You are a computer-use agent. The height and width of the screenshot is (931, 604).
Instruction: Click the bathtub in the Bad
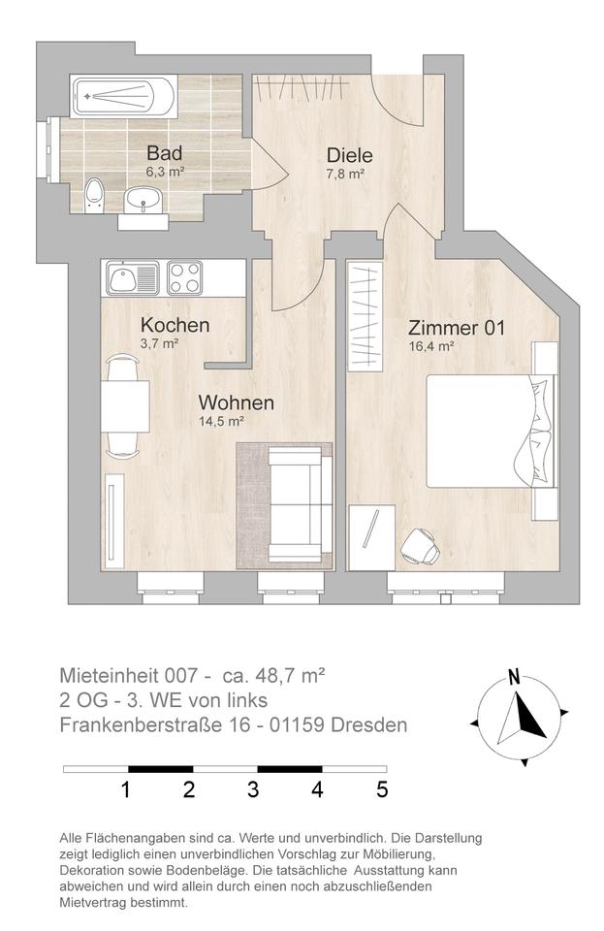pos(123,96)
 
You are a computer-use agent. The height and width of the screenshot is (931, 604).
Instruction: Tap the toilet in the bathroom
pos(94,194)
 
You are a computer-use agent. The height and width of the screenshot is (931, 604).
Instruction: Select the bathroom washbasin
pos(143,199)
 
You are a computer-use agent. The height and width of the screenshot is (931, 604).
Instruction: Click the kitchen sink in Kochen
pos(132,278)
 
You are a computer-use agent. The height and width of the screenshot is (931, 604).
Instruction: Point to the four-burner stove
pos(184,278)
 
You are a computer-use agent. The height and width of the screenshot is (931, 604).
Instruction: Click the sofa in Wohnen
pos(300,505)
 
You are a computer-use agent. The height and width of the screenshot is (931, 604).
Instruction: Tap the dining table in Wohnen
pos(125,406)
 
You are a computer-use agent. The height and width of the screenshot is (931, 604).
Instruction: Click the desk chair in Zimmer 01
pos(421,546)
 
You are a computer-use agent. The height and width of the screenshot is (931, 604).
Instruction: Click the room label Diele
pos(350,155)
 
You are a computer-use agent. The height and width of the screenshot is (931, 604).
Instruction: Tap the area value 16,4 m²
pos(432,347)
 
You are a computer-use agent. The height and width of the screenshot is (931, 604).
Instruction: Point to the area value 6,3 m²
pos(165,173)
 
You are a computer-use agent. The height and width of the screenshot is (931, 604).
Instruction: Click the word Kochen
pos(175,325)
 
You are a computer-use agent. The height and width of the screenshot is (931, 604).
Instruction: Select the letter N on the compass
pos(514,677)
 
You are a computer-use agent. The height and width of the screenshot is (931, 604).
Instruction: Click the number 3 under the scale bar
pos(253,789)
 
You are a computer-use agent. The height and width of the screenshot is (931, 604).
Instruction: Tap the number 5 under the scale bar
pos(382,789)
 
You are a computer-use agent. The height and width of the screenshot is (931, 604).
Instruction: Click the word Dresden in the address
pos(369,725)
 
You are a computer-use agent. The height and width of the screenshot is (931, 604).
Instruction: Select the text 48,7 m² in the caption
pos(290,675)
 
